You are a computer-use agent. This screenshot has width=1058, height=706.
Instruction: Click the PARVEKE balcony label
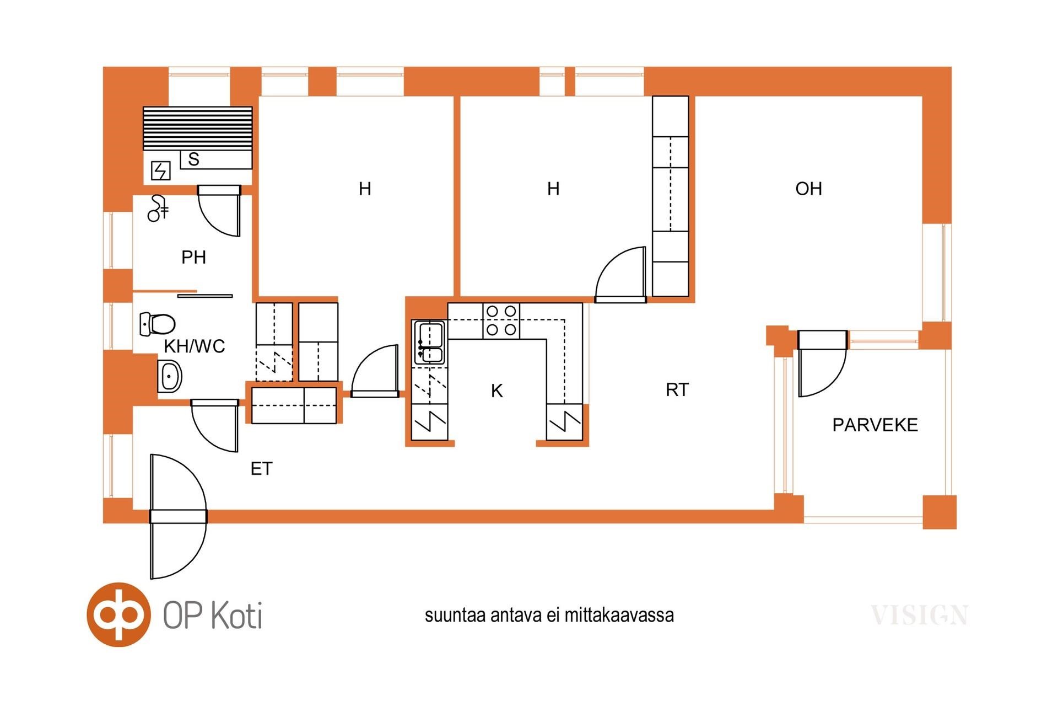click(875, 425)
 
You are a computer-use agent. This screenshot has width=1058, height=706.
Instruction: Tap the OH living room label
click(808, 189)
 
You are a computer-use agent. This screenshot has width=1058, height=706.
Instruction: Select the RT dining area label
click(677, 390)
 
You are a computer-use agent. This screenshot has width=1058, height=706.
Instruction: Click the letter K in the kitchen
click(496, 391)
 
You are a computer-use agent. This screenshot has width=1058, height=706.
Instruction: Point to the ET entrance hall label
click(261, 469)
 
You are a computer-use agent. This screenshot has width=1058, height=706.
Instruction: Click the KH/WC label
click(195, 346)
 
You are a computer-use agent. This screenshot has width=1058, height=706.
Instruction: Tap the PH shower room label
click(193, 257)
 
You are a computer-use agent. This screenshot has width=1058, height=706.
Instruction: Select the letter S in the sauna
click(193, 159)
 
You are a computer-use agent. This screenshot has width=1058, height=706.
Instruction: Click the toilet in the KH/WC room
click(158, 324)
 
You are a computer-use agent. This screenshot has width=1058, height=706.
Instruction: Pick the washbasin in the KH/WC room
click(170, 376)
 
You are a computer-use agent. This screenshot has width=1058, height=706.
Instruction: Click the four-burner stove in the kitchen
click(501, 321)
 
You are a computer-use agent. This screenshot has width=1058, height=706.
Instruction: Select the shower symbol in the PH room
click(158, 208)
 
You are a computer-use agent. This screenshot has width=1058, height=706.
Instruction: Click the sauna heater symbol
click(160, 171)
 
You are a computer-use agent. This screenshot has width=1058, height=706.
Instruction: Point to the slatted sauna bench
click(197, 129)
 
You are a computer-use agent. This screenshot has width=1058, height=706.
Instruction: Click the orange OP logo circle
click(118, 614)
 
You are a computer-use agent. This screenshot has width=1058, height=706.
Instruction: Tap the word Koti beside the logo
click(237, 614)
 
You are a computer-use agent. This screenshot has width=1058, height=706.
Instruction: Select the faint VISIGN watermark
click(919, 616)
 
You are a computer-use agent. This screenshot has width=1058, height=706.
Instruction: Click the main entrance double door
click(179, 517)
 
